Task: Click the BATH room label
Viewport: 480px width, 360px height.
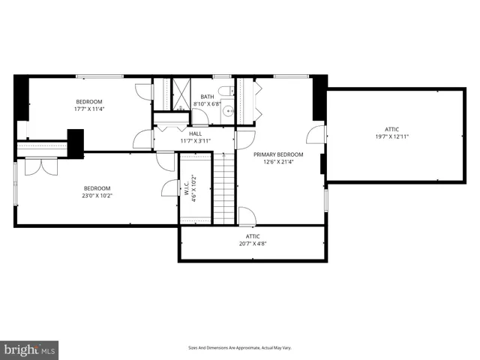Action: (207, 96)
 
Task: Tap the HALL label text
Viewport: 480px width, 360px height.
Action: (195, 133)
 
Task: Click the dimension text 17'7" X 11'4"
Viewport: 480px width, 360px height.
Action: (88, 109)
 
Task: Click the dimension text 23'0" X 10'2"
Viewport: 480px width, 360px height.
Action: (97, 196)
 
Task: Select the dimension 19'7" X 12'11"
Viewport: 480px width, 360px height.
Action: (391, 136)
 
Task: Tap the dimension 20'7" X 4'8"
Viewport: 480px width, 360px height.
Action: (253, 244)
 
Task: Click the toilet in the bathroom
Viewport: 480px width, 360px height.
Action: (233, 92)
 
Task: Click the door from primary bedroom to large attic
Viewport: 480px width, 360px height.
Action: (318, 135)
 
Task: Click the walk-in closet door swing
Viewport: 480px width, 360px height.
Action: (169, 188)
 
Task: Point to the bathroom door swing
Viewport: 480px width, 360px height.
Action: (200, 117)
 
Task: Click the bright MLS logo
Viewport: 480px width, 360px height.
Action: (30, 349)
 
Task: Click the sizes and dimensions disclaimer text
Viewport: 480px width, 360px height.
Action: (239, 348)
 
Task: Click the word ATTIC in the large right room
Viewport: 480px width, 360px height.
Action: (391, 128)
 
